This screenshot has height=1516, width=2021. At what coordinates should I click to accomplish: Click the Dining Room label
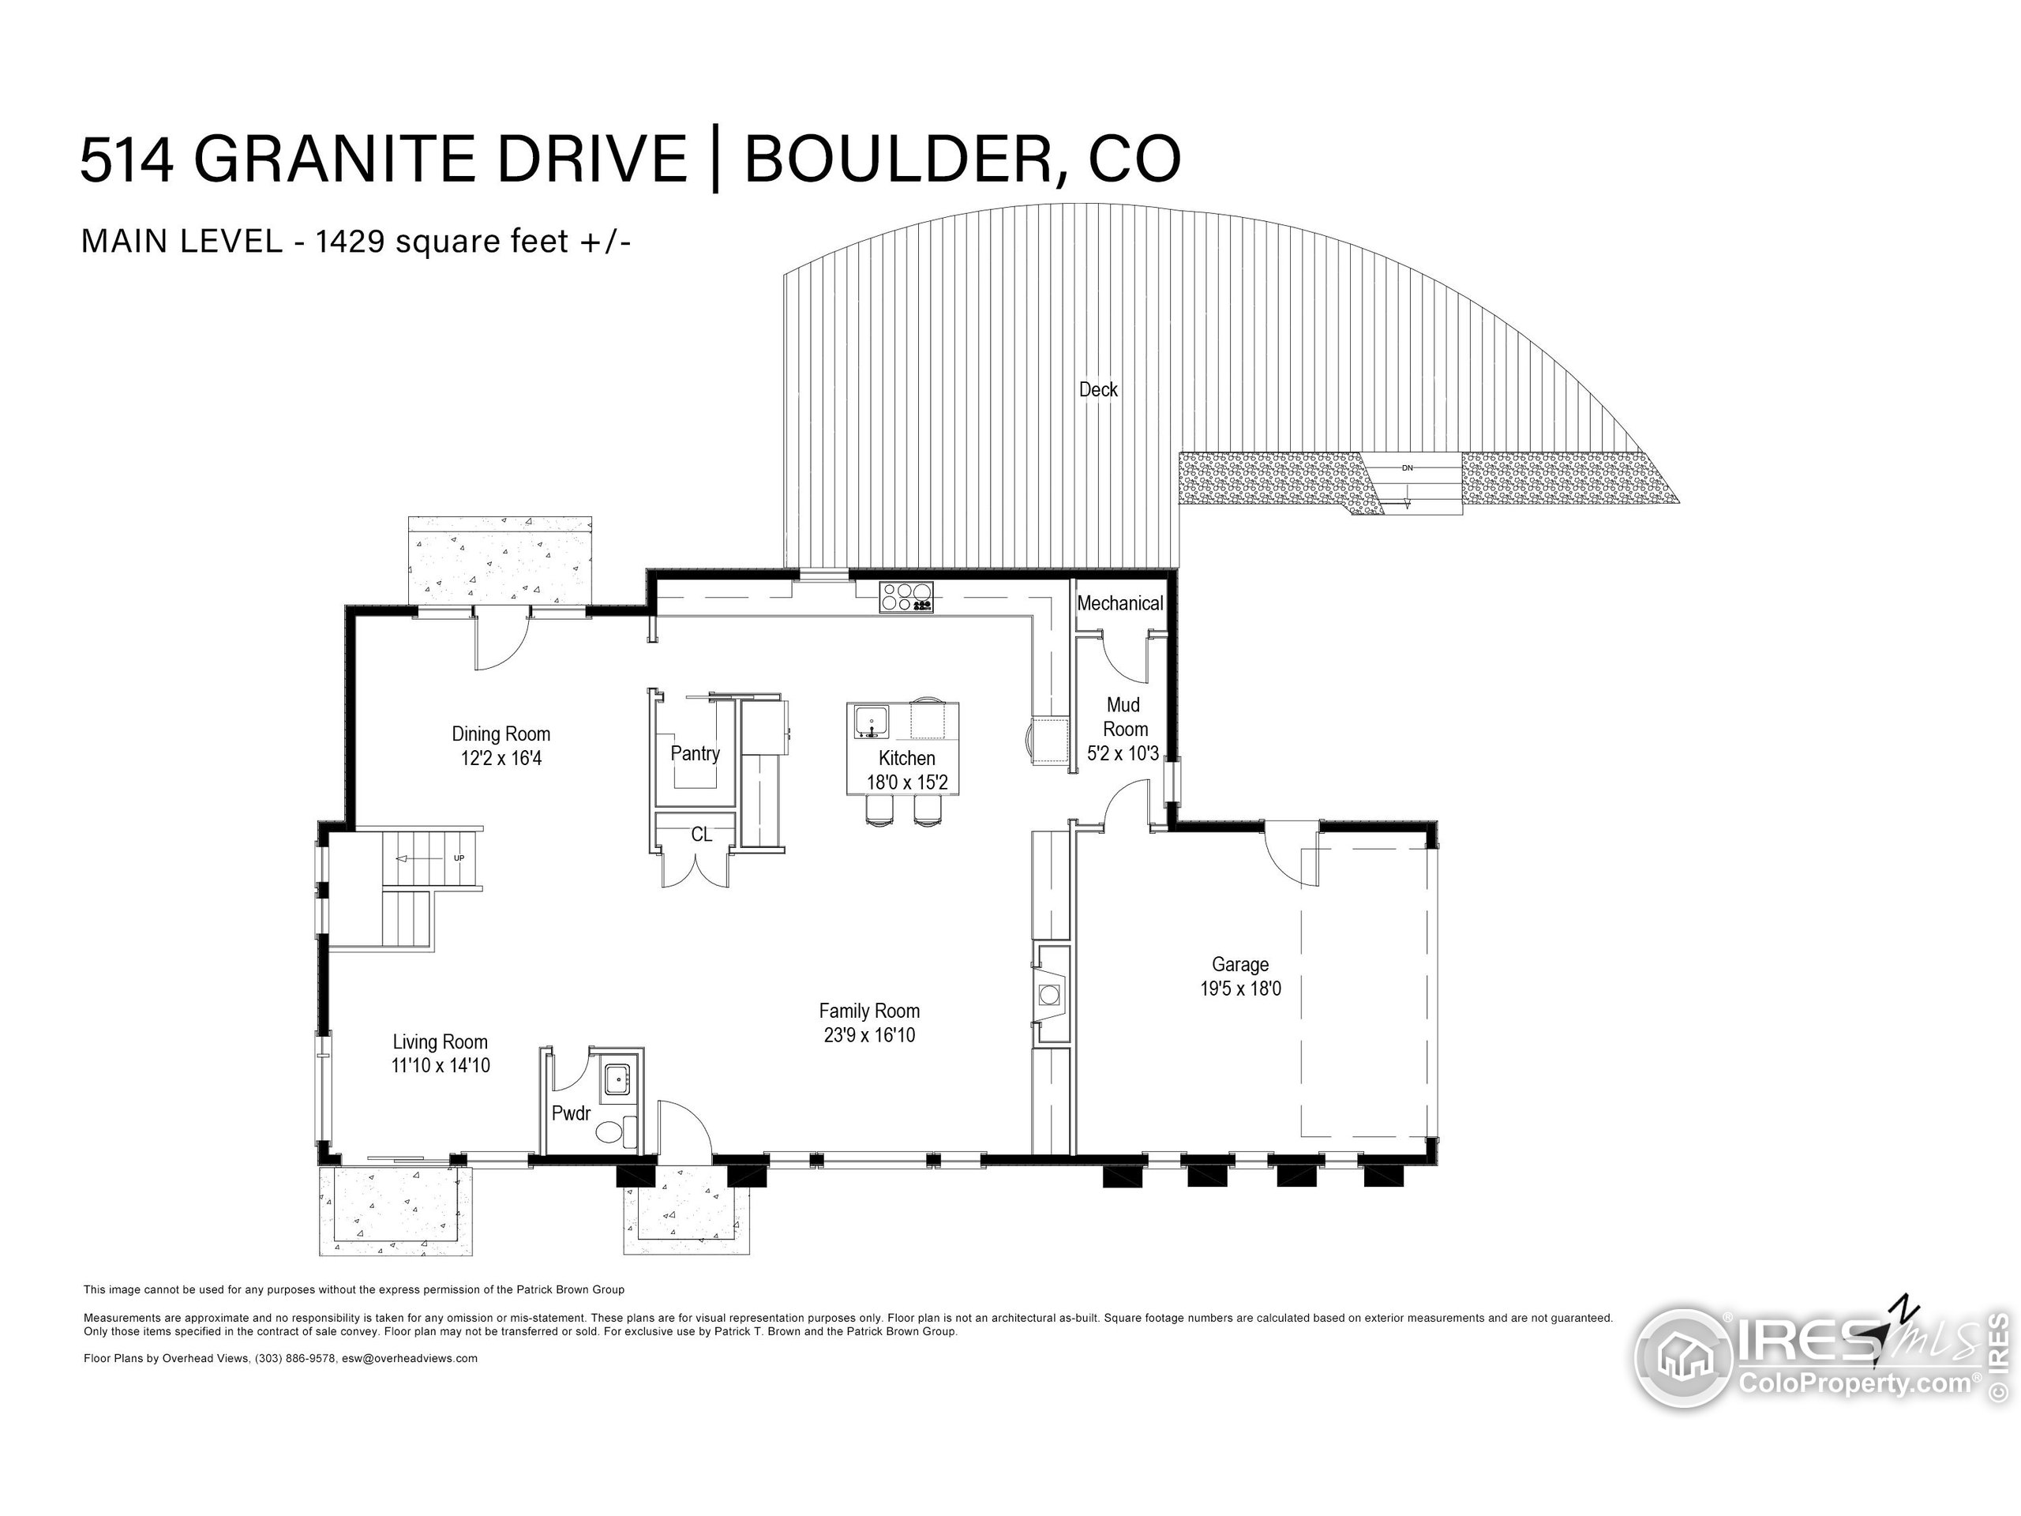[501, 734]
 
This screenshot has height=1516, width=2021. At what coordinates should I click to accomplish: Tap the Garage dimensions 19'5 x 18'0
[1239, 989]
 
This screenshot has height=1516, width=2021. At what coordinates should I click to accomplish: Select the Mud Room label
[1124, 716]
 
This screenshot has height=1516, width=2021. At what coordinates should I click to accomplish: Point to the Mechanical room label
[1119, 603]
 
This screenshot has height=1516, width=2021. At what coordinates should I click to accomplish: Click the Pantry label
[695, 753]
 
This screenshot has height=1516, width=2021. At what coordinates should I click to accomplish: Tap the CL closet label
[701, 835]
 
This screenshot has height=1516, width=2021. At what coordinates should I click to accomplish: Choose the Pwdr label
[571, 1114]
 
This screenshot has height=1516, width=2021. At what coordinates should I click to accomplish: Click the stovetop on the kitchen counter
[906, 597]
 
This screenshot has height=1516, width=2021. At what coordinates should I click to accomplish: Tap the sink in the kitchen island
[872, 721]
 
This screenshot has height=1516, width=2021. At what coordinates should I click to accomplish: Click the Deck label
[1098, 389]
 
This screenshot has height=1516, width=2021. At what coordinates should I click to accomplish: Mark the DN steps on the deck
[1408, 484]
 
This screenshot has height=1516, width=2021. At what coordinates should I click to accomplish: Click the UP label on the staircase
[459, 858]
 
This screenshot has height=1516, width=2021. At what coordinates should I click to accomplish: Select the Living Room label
[440, 1041]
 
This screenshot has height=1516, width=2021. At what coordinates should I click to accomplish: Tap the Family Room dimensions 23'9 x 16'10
[869, 1035]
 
